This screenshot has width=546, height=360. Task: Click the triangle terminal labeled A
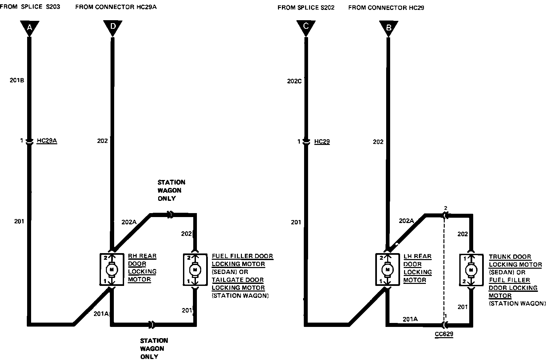coord(29,28)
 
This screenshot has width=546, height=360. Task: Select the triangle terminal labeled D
coord(113,27)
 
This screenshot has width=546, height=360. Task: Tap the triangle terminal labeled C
coord(306,27)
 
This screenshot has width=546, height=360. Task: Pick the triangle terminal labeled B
coord(389,28)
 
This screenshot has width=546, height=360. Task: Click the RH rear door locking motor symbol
coord(112,269)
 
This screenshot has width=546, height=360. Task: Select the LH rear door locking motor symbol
coord(387,269)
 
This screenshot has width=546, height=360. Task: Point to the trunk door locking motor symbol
coord(471,270)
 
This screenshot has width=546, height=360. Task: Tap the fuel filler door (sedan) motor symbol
coord(195,269)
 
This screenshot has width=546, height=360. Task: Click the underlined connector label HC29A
coord(47,141)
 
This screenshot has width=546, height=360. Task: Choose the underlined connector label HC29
coord(322,142)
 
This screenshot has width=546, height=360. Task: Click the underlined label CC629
coord(444,334)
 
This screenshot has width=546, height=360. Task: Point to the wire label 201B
coord(17,80)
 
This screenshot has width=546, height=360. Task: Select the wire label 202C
coord(294,81)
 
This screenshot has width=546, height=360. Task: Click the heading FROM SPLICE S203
coord(30,7)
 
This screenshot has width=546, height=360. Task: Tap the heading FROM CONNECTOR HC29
coord(386,8)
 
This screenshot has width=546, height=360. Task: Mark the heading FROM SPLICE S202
coord(306,8)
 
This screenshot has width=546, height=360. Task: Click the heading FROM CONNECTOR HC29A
coord(116,7)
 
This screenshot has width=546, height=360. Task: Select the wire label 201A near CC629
coord(410,319)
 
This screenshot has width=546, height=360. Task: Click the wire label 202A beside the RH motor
coord(129,222)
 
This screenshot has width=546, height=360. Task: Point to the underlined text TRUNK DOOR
coord(510,257)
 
